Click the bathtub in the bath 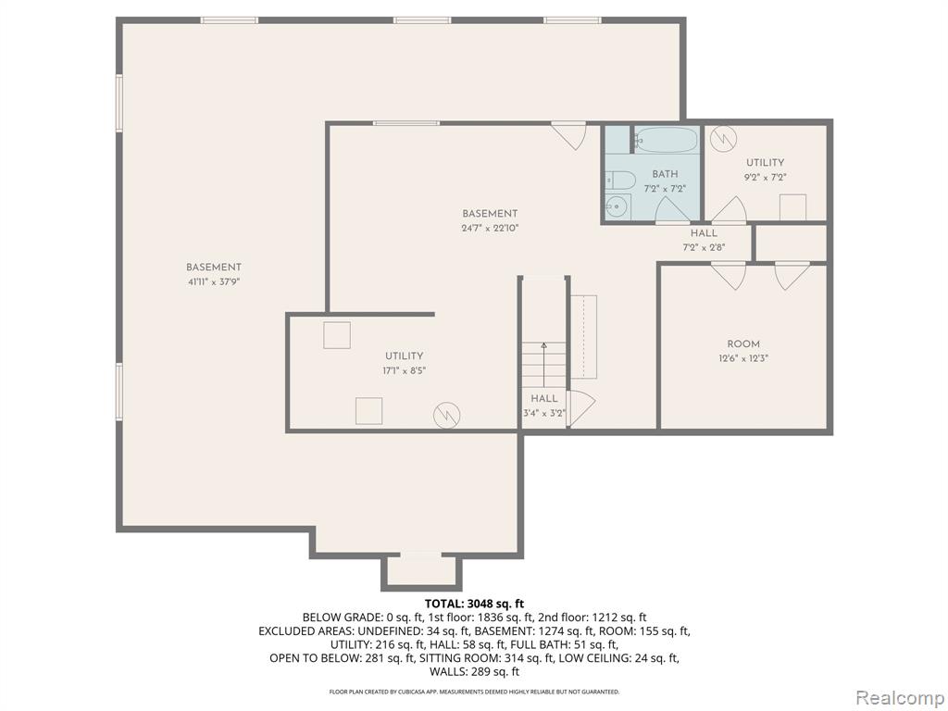667,140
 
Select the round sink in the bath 616,206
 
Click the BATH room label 665,174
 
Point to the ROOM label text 743,344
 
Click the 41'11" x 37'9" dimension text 214,281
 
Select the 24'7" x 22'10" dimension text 491,228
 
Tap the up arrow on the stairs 543,365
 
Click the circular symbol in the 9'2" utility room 722,139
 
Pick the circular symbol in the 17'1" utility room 447,416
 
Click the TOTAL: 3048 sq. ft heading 474,604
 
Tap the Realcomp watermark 900,698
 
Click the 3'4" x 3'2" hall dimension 544,414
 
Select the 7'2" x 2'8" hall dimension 704,246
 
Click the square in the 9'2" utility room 792,206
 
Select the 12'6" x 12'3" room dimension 743,358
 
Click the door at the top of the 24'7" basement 569,135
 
